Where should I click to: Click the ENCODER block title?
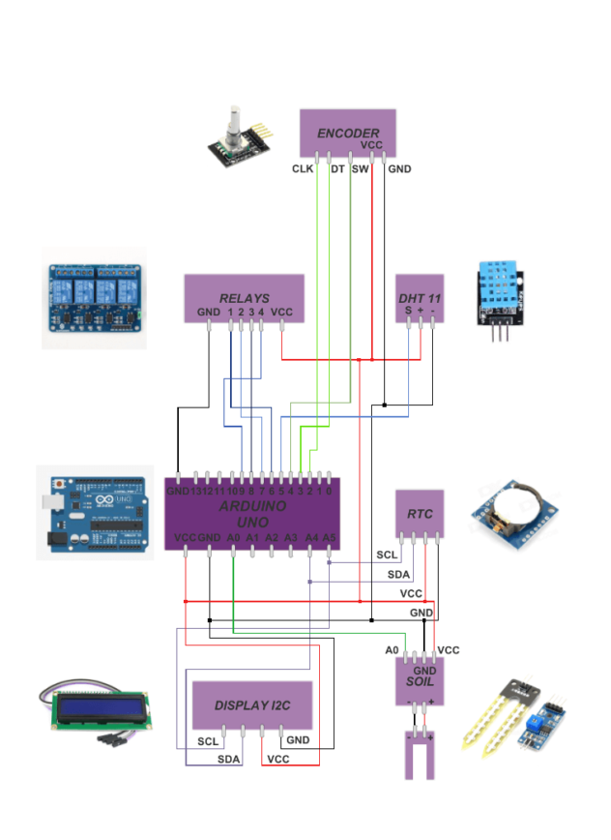(x=348, y=133)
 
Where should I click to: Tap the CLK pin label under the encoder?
(x=303, y=168)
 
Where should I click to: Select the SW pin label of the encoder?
(x=360, y=168)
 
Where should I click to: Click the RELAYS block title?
(x=244, y=298)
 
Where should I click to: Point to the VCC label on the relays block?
(x=281, y=313)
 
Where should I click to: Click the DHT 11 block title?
(x=420, y=299)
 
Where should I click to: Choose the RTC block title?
(x=420, y=514)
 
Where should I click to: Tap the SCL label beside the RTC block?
(x=387, y=555)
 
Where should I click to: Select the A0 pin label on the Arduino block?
(x=233, y=537)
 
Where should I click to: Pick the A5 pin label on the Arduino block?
(x=329, y=537)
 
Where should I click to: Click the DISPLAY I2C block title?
(x=252, y=706)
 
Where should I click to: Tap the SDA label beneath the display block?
(x=228, y=760)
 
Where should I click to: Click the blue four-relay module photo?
(x=94, y=296)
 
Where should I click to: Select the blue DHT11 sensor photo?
(x=498, y=295)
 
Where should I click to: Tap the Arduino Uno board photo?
(x=95, y=512)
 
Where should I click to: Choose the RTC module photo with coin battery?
(x=513, y=513)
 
